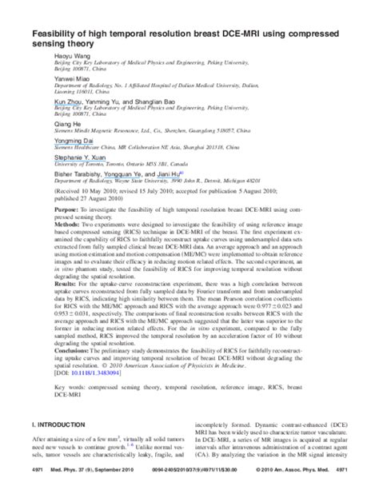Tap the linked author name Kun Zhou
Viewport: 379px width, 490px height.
pos(46,103)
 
